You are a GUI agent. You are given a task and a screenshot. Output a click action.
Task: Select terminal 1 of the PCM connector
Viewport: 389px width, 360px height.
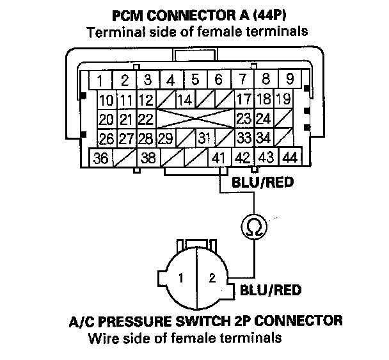100,80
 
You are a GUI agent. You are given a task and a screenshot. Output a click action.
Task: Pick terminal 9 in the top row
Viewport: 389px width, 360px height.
290,79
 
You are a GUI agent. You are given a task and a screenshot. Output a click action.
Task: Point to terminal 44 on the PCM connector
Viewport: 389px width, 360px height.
290,157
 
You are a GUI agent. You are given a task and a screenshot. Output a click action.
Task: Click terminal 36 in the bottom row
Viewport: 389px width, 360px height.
100,158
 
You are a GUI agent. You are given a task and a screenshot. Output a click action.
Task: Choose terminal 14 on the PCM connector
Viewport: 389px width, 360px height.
186,99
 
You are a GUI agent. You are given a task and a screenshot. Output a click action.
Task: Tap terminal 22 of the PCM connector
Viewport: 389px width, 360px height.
147,119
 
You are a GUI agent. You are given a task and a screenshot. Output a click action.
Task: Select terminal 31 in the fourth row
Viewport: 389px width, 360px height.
205,138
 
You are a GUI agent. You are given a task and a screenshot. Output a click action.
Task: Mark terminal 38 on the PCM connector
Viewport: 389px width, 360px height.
148,158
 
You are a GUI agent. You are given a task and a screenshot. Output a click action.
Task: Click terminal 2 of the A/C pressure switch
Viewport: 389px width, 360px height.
212,277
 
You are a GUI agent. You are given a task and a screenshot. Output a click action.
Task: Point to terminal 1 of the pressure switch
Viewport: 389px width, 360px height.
181,278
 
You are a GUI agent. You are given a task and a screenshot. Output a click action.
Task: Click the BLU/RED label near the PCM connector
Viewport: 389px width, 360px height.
262,183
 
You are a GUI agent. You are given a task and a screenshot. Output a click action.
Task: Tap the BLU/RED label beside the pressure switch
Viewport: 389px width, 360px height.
271,290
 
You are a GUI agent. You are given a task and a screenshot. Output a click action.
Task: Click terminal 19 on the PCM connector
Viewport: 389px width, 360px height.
284,99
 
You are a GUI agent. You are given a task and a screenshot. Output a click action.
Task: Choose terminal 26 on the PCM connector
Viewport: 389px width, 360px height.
107,138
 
